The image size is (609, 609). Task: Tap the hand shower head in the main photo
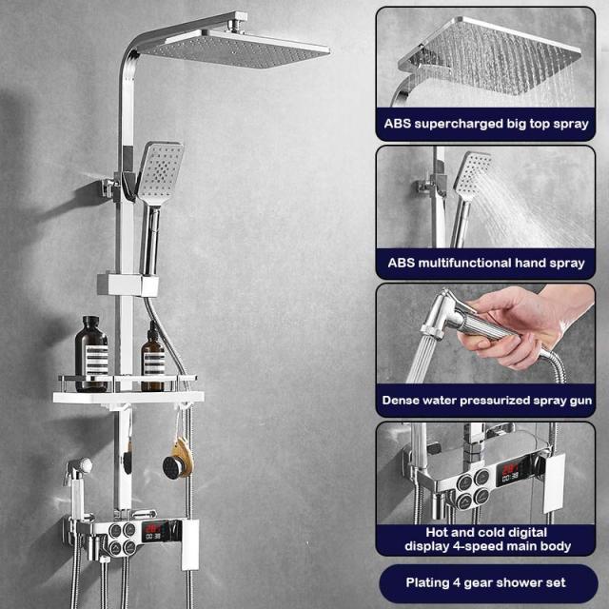click(x=159, y=172)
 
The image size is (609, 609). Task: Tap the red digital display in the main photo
click(x=156, y=531)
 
